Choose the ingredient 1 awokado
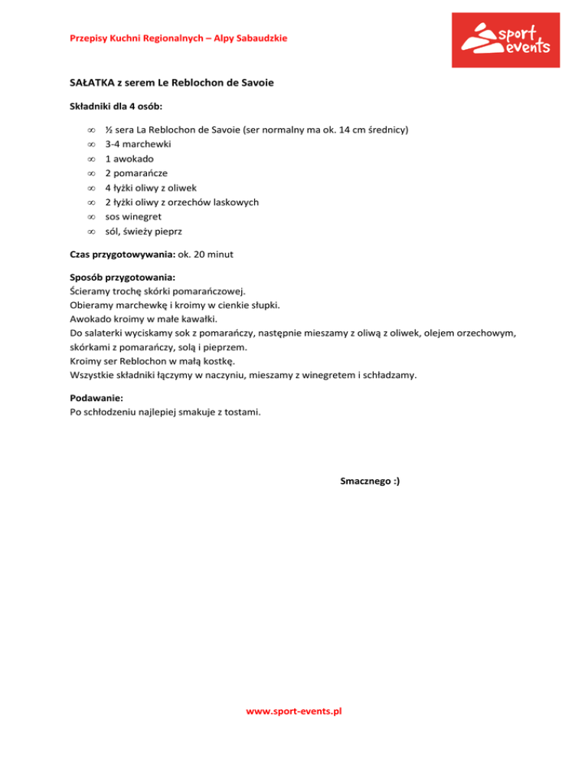pos(129,159)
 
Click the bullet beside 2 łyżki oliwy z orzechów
pos(90,202)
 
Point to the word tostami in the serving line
pos(243,412)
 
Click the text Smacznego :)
pos(369,481)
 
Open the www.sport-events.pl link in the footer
pos(293,711)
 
